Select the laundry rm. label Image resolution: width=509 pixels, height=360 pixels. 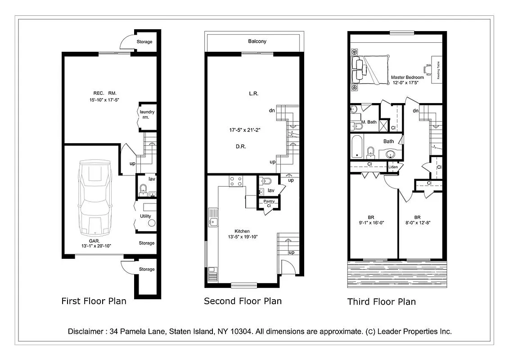[147, 114]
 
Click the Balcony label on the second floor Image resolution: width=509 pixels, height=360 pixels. [257, 41]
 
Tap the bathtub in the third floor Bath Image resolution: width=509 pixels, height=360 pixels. [358, 147]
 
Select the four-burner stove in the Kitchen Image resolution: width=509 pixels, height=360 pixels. [236, 181]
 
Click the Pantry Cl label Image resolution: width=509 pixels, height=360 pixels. [269, 203]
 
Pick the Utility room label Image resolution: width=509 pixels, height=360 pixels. [145, 216]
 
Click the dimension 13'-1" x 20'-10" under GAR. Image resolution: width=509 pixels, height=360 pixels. [96, 246]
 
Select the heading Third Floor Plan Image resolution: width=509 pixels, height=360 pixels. [381, 301]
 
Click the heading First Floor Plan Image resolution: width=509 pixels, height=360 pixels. [94, 301]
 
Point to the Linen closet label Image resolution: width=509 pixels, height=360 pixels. [393, 167]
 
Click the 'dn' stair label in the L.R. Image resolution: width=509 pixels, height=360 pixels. [272, 110]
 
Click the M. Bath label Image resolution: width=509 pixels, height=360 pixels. [369, 122]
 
